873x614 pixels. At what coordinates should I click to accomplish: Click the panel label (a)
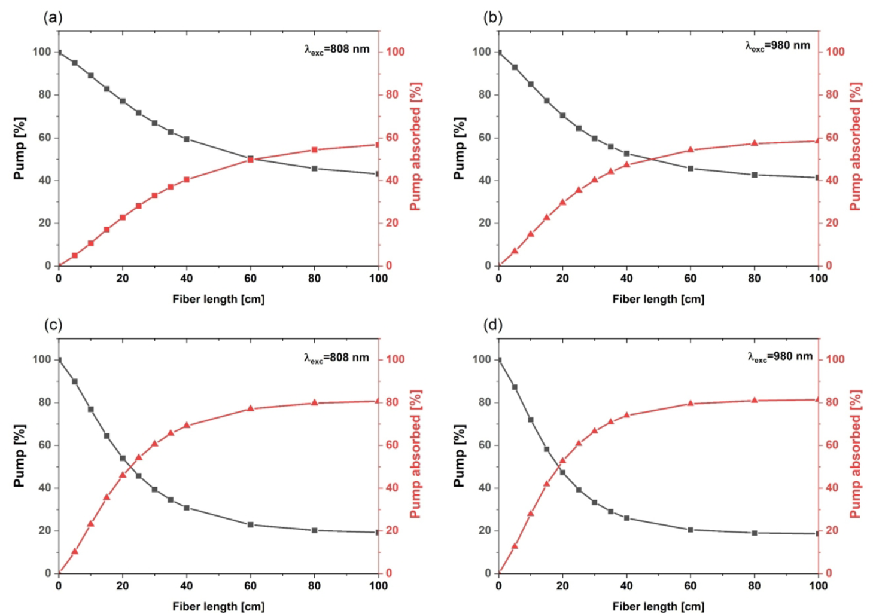pos(53,17)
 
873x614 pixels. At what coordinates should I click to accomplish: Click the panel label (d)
pos(492,325)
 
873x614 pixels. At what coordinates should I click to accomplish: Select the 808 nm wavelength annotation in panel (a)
pos(337,50)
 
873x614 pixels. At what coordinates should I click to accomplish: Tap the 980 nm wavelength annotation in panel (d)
pos(780,357)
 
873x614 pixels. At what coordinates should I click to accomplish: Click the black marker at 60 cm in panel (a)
pos(250,158)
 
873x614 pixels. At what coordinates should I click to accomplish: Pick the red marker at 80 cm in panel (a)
pos(314,150)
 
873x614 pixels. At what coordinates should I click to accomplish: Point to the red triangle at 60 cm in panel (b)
pos(690,150)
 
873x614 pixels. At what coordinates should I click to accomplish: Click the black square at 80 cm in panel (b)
pos(754,175)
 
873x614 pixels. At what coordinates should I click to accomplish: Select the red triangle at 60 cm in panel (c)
pos(250,408)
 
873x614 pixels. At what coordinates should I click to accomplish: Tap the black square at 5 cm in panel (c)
pos(75,381)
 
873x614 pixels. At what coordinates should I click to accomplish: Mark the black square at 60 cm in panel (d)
pos(690,530)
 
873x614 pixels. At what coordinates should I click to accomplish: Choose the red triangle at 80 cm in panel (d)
pos(754,400)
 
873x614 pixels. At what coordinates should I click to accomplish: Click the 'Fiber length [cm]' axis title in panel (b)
pos(658,299)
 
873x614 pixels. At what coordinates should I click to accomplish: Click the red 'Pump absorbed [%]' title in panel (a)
pos(415,146)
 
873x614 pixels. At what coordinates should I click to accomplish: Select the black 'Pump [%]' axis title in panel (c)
pos(19,456)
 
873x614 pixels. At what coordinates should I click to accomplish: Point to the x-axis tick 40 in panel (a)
pos(186,279)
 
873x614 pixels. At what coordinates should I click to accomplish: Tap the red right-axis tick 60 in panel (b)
pos(832,138)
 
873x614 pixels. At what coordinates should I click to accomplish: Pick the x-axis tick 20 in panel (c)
pos(122,586)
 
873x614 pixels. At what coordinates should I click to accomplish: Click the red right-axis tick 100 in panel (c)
pos(395,359)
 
